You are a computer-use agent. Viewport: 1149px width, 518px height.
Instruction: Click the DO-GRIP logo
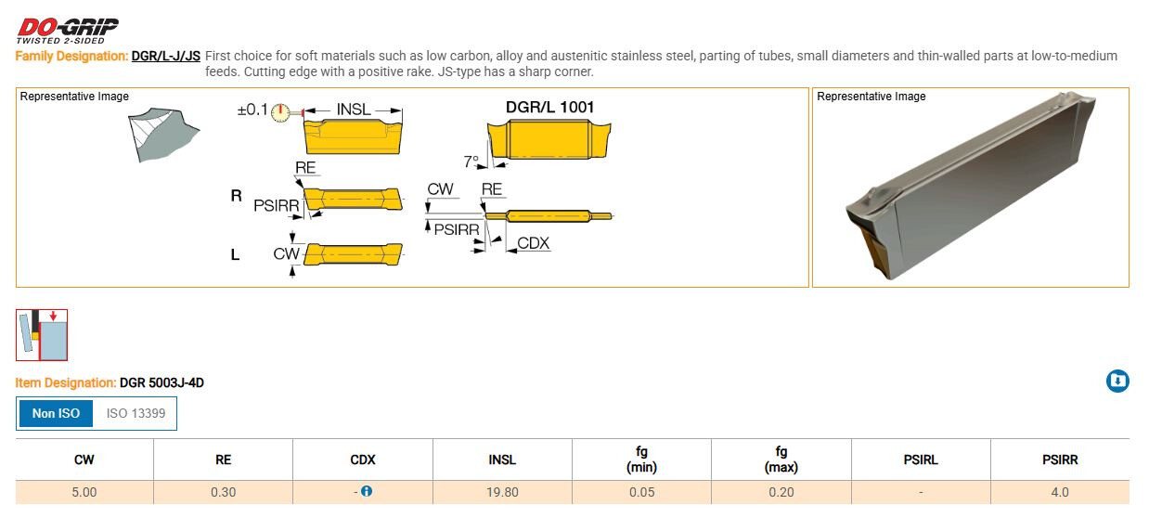(67, 31)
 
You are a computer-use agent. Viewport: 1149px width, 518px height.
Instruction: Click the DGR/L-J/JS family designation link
(166, 56)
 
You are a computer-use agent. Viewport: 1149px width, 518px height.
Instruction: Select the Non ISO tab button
(56, 413)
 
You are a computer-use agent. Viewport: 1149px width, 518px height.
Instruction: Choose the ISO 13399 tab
(136, 413)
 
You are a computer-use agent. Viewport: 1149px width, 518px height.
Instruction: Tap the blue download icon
(1117, 381)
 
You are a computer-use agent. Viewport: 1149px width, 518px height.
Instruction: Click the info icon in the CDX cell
(367, 491)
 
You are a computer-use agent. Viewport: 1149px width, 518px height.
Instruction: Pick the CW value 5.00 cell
(84, 492)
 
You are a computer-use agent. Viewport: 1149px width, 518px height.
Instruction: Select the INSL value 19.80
(502, 492)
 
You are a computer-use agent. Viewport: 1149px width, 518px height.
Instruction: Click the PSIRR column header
(1060, 460)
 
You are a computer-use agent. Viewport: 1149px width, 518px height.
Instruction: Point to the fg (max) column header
(781, 459)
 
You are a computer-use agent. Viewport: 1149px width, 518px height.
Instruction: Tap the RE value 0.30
(223, 492)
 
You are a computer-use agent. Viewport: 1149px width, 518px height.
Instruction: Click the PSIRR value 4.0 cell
(1060, 492)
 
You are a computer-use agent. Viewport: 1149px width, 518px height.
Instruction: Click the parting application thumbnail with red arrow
(42, 335)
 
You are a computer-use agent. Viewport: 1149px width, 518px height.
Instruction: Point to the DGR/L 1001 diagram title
(549, 107)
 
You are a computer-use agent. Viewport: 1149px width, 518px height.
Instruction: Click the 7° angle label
(471, 162)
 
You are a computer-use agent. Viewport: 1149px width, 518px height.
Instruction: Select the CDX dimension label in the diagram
(533, 243)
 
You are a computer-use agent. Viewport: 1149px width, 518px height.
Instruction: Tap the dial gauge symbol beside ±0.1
(280, 111)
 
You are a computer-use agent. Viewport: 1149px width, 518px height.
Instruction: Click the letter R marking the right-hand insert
(236, 195)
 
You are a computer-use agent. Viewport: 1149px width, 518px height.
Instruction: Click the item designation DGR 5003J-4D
(161, 383)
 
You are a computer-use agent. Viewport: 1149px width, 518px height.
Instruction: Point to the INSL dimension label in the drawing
(354, 110)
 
